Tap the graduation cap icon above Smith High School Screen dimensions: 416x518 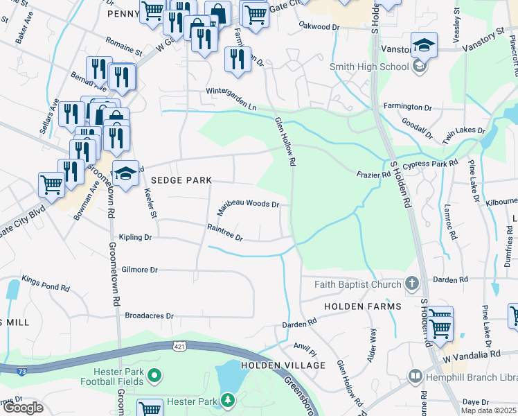click(x=424, y=46)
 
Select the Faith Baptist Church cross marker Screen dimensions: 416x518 click(x=412, y=284)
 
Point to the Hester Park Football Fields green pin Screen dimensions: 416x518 click(x=154, y=376)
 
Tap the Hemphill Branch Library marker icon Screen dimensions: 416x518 click(x=416, y=376)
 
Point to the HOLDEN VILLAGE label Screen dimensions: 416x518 click(x=283, y=365)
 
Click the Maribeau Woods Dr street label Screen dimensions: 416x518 click(x=249, y=205)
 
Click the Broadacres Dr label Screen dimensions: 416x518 click(x=149, y=315)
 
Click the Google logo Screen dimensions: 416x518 click(x=23, y=408)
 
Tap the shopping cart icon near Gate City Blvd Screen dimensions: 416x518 click(x=52, y=184)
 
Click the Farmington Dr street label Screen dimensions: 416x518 click(x=407, y=107)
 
